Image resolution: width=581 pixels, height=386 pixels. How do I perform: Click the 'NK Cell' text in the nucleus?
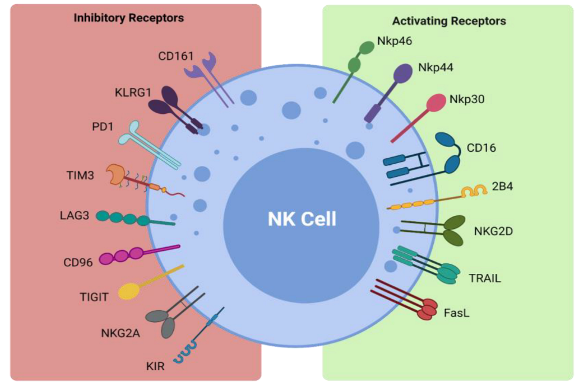301,219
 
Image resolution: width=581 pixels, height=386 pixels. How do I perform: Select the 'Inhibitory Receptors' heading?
129,18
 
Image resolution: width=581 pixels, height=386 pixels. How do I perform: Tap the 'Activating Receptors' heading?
449,21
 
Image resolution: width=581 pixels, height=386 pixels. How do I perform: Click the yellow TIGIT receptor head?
129,291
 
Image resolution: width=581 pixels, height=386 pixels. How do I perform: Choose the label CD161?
176,57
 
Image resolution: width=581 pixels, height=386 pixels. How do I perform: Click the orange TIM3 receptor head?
116,174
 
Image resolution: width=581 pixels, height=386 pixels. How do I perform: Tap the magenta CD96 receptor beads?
122,256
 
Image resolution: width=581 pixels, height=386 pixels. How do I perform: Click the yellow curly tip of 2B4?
474,192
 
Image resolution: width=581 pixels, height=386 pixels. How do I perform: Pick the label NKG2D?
493,231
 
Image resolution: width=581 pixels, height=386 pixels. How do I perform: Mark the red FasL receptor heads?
427,308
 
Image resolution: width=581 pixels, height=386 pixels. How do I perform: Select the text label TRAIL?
485,277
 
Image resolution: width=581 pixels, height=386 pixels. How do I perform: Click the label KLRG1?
132,92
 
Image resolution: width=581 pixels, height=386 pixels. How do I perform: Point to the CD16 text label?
481,148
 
